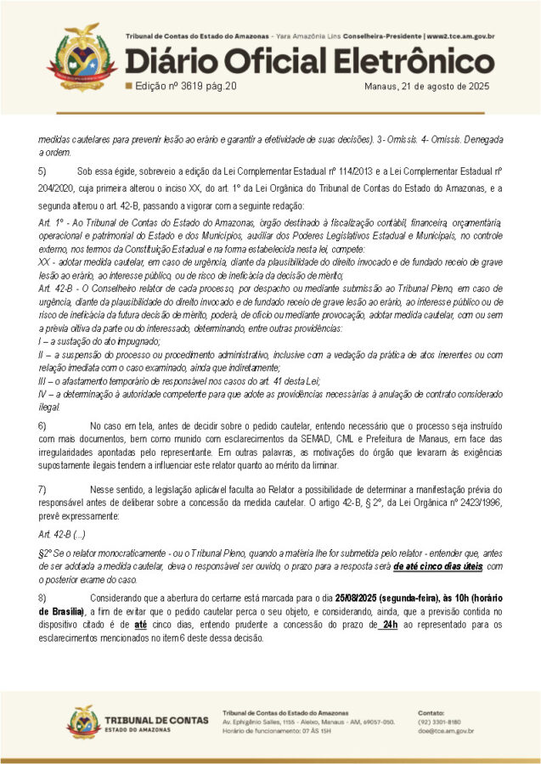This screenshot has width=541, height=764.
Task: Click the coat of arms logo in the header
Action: [82, 58]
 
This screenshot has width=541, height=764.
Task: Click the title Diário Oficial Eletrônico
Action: [309, 62]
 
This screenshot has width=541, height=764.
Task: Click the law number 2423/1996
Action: [456, 503]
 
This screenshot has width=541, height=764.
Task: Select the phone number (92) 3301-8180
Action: [438, 722]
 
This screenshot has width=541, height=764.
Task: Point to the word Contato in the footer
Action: [431, 712]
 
